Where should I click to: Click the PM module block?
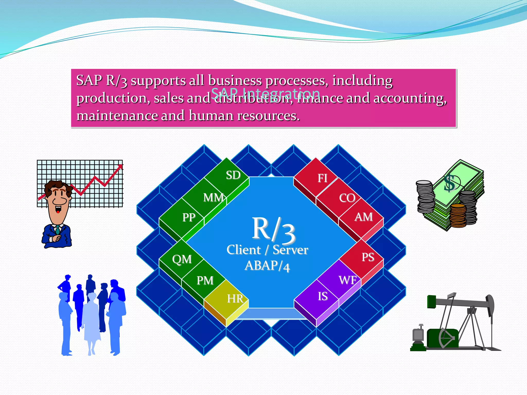(x=204, y=280)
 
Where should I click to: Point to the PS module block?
(x=365, y=257)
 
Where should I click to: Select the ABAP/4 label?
(x=267, y=266)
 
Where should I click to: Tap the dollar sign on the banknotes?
(x=450, y=183)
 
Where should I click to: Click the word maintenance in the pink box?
(x=117, y=116)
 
